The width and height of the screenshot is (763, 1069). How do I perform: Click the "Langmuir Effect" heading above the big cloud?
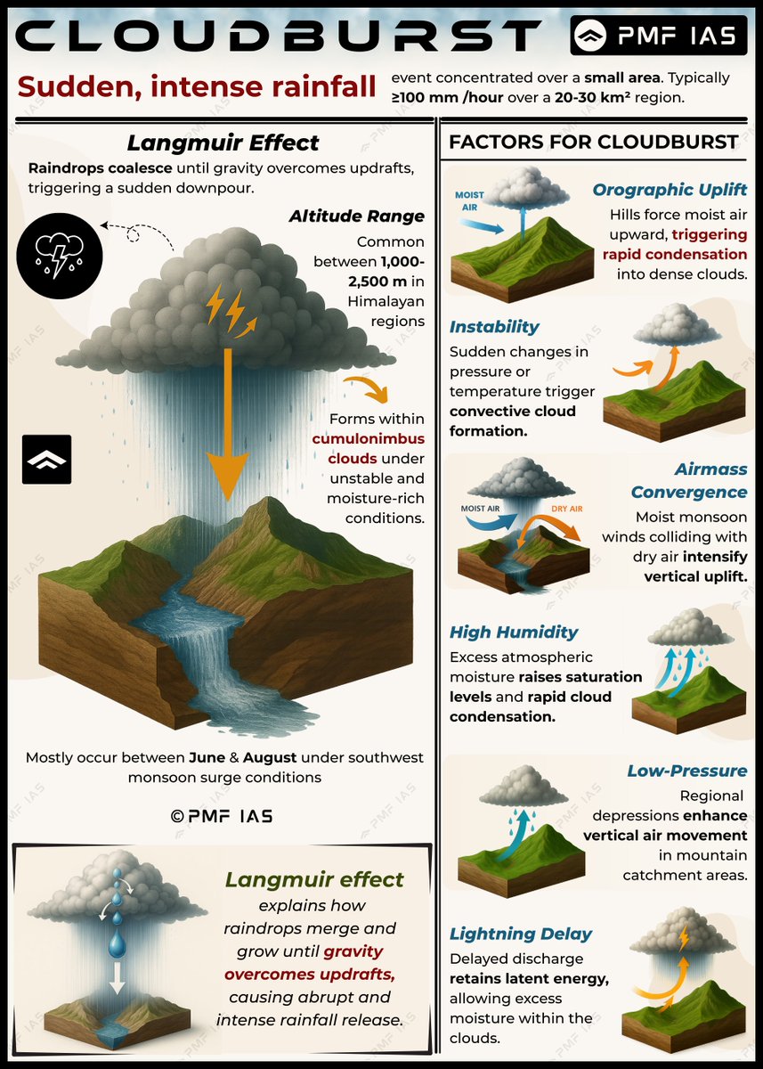222,143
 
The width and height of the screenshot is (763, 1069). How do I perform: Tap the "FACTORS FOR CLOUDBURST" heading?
593,142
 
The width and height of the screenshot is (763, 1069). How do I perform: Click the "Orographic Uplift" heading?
670,190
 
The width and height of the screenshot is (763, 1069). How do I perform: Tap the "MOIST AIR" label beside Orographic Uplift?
469,200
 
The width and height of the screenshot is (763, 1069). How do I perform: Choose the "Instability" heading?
494,327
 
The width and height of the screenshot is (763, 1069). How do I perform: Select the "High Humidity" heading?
514,632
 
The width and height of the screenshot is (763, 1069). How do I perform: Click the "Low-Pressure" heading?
686,771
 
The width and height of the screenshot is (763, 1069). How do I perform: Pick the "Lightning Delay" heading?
521,934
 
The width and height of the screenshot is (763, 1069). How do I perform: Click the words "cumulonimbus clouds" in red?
368,448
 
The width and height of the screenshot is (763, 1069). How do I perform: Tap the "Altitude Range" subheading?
356,216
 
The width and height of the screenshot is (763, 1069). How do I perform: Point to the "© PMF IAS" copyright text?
222,816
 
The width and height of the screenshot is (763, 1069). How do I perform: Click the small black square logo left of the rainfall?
46,460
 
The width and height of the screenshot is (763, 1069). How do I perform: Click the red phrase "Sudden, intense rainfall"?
197,86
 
